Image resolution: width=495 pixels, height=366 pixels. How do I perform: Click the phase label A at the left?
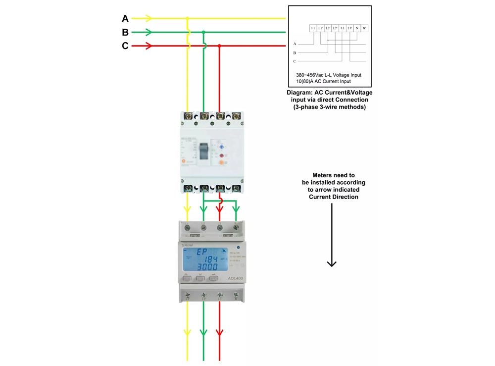[x=125, y=19]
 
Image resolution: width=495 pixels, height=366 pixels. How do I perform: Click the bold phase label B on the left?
[x=125, y=33]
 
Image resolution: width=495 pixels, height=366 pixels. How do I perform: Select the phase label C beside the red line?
[x=125, y=46]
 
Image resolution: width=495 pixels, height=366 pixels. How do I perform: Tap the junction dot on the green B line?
[x=203, y=32]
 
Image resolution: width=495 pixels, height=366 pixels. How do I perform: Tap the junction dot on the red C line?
[x=219, y=46]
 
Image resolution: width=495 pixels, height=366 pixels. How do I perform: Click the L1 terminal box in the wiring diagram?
[x=313, y=28]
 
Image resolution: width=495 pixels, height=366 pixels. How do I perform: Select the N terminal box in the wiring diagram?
[x=357, y=28]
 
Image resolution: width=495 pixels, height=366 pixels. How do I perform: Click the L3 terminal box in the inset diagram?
[x=342, y=28]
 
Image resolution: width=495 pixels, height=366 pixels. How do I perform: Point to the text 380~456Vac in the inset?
[x=309, y=75]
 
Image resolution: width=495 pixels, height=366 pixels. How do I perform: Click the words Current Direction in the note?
[x=334, y=197]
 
